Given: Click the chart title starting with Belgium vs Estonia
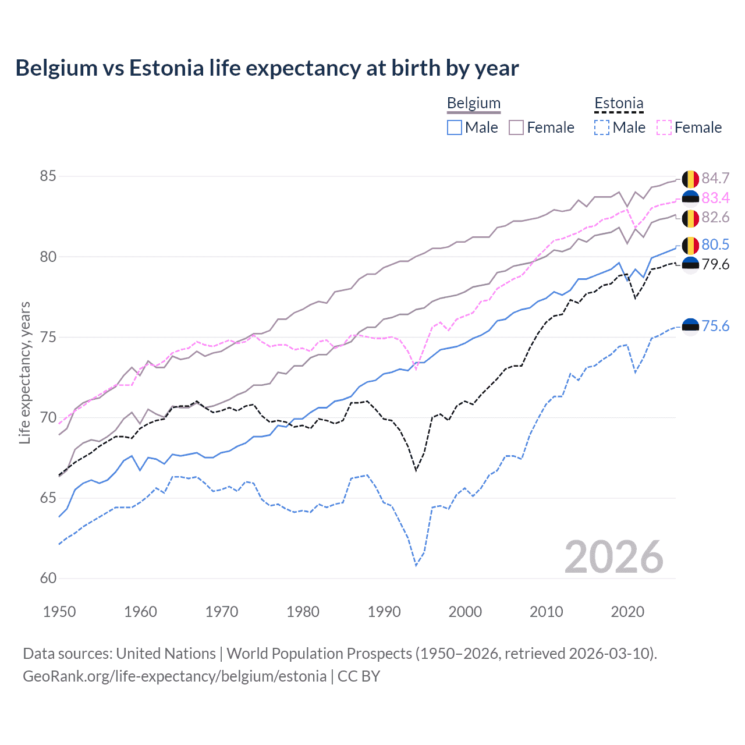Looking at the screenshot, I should coord(267,68).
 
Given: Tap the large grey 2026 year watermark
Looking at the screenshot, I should coord(613,557).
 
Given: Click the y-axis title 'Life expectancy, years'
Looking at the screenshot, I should coord(25,372).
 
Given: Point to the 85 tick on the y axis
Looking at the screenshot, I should coord(48,176).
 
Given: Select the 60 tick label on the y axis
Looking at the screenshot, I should coord(48,578).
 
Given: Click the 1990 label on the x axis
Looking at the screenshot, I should coord(384,612).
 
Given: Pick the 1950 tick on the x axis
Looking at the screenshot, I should coord(59,612).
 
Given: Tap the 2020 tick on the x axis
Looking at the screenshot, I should coord(627,612).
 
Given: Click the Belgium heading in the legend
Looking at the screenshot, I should coord(473,103).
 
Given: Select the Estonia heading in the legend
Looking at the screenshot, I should coord(619,103).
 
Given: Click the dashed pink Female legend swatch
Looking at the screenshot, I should coord(664,127).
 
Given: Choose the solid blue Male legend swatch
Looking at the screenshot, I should coord(455,127).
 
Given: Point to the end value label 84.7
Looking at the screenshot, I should coord(715,178).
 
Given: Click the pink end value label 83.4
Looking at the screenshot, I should coord(715,198).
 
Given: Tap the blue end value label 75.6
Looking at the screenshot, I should coord(715,326).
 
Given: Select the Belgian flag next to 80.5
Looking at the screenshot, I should coord(690,245).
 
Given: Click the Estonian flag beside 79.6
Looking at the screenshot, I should coord(690,265).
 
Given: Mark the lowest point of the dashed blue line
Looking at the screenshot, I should coord(416,565).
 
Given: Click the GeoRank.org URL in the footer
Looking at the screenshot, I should coord(175,676).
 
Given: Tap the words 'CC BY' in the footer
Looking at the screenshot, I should coord(359,676).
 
